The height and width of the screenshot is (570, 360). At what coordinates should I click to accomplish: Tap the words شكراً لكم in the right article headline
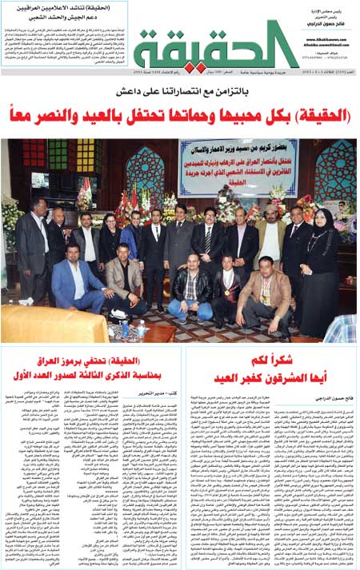tap(271, 359)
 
